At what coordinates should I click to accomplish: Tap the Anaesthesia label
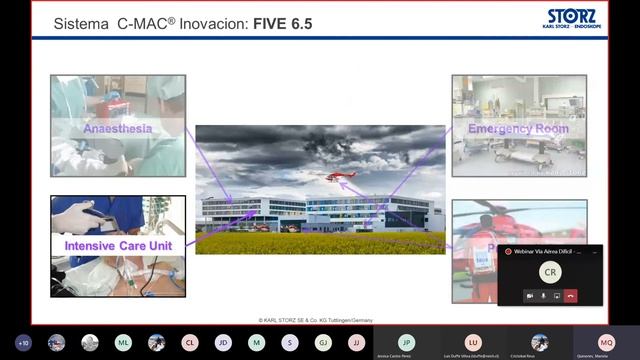pyautogui.click(x=118, y=129)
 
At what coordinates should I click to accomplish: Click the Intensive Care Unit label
pyautogui.click(x=117, y=244)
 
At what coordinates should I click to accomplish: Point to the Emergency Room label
pyautogui.click(x=518, y=129)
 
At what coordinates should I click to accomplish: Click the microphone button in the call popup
pyautogui.click(x=543, y=296)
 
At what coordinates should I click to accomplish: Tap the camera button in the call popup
pyautogui.click(x=529, y=296)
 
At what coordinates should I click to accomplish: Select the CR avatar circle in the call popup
pyautogui.click(x=550, y=271)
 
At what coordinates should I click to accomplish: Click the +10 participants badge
pyautogui.click(x=23, y=342)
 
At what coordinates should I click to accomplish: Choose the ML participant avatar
pyautogui.click(x=123, y=342)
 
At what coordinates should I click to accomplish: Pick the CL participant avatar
pyautogui.click(x=190, y=342)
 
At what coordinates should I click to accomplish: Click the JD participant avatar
pyautogui.click(x=223, y=342)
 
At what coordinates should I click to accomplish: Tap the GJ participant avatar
pyautogui.click(x=323, y=342)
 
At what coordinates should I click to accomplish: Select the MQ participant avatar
pyautogui.click(x=606, y=341)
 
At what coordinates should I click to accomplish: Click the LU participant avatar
pyautogui.click(x=473, y=341)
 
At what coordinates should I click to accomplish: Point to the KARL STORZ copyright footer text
pyautogui.click(x=319, y=319)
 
